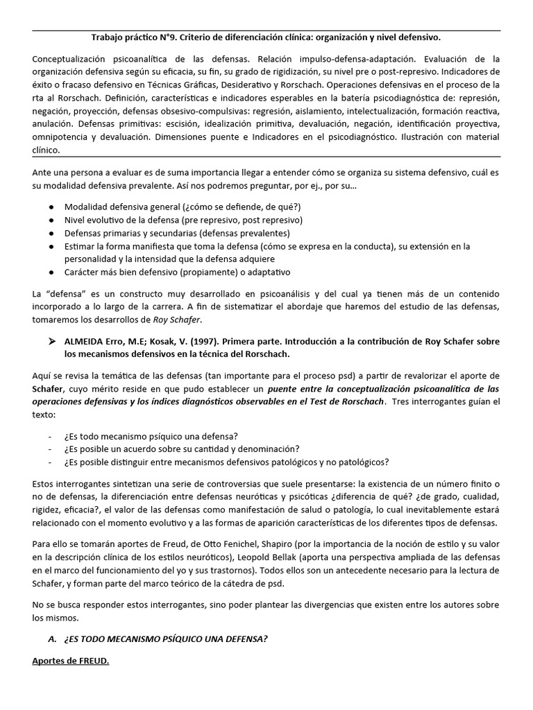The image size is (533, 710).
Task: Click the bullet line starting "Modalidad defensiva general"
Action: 183,207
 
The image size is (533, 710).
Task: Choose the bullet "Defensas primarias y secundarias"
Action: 177,233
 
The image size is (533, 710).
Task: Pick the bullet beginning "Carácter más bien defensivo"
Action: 177,272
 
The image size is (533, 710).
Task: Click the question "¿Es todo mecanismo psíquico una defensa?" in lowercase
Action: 151,435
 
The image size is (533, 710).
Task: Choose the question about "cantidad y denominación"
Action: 182,449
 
